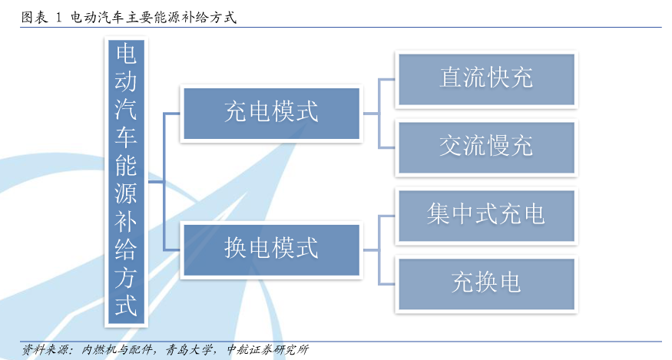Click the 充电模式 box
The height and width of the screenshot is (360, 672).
coord(271,114)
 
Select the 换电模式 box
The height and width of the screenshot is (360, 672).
coord(271,250)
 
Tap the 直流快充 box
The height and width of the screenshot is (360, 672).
coord(486,79)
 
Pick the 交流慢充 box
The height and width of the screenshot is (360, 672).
coord(486,147)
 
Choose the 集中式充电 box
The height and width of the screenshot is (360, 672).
coord(486,216)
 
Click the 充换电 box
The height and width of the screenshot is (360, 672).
coord(486,284)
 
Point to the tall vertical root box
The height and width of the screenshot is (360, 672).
coord(126,182)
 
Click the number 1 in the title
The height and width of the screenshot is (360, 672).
coord(58,18)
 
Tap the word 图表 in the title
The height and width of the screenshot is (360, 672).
coord(35,18)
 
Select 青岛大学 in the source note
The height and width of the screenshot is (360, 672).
coord(189,350)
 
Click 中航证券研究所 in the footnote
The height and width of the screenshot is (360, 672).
coord(268,350)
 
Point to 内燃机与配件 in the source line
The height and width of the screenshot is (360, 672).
coord(117,350)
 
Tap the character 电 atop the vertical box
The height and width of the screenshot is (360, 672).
coord(126,54)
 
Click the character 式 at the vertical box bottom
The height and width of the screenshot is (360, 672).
coord(126,306)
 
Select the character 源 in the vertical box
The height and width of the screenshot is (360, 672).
coord(126,193)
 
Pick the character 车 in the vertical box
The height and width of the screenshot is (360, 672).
coord(126,137)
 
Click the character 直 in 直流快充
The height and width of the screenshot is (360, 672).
coord(451,78)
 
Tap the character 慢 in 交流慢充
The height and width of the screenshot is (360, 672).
coord(498,146)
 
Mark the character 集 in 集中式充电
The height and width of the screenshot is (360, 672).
coord(439,214)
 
